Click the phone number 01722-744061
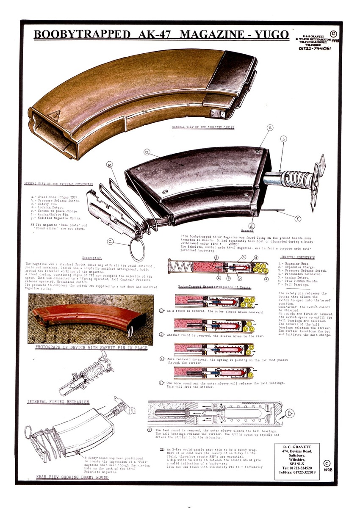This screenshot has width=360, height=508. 315,48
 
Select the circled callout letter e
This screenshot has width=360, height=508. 270,127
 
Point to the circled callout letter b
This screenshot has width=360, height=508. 284,138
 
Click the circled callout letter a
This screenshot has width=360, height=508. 147,152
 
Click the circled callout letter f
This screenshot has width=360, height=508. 298,219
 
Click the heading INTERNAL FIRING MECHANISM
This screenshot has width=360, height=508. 58,401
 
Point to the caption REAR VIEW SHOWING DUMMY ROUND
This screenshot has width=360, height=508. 72,477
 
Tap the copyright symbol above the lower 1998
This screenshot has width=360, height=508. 326,464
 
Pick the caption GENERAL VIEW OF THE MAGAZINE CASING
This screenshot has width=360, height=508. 203,127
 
